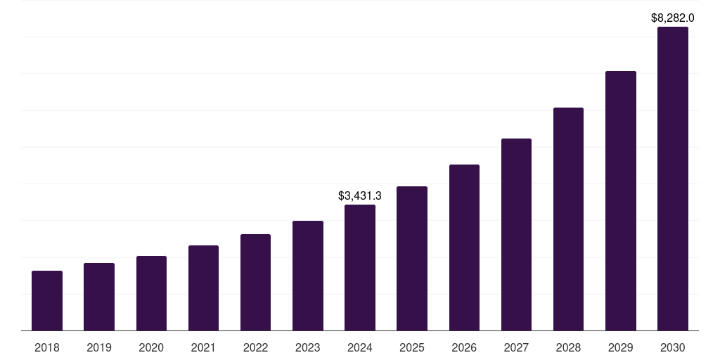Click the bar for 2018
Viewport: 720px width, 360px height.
[47, 300]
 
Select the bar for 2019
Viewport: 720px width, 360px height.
[99, 297]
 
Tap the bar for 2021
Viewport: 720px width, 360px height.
[203, 288]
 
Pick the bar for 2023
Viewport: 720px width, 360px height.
[308, 276]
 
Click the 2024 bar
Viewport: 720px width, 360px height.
[360, 267]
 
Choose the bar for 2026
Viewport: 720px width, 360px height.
[464, 247]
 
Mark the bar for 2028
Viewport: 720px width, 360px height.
[568, 219]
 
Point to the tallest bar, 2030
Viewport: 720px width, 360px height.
[673, 179]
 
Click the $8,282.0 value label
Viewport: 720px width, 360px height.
[673, 18]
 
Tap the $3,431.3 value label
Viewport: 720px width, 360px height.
[360, 195]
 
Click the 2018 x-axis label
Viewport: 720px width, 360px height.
[47, 347]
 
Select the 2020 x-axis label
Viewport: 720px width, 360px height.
[151, 347]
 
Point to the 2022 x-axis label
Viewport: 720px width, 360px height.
[255, 347]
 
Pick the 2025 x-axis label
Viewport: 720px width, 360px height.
[412, 347]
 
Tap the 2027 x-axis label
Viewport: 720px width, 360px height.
[516, 347]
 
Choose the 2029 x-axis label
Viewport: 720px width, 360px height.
[620, 347]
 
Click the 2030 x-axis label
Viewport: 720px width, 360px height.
[673, 347]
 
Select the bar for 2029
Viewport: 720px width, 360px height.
[620, 200]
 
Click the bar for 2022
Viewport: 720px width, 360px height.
[255, 282]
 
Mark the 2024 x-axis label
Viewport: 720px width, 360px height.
[360, 347]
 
